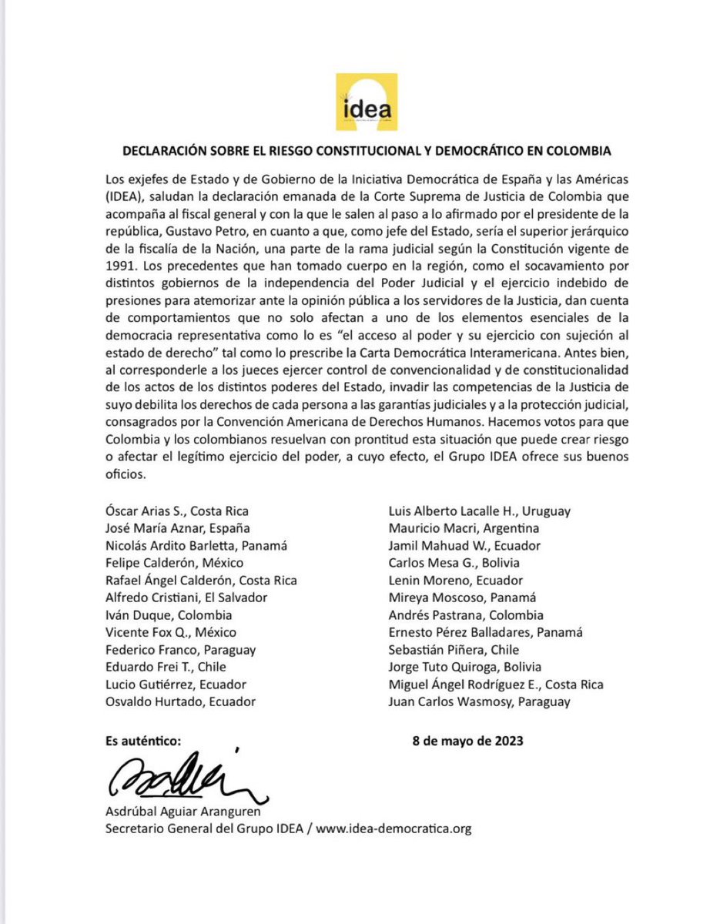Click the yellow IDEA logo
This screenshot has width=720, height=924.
click(367, 102)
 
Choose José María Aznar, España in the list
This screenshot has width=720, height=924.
click(178, 527)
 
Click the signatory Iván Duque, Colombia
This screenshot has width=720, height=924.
click(169, 614)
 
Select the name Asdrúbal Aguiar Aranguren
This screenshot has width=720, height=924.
click(181, 812)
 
